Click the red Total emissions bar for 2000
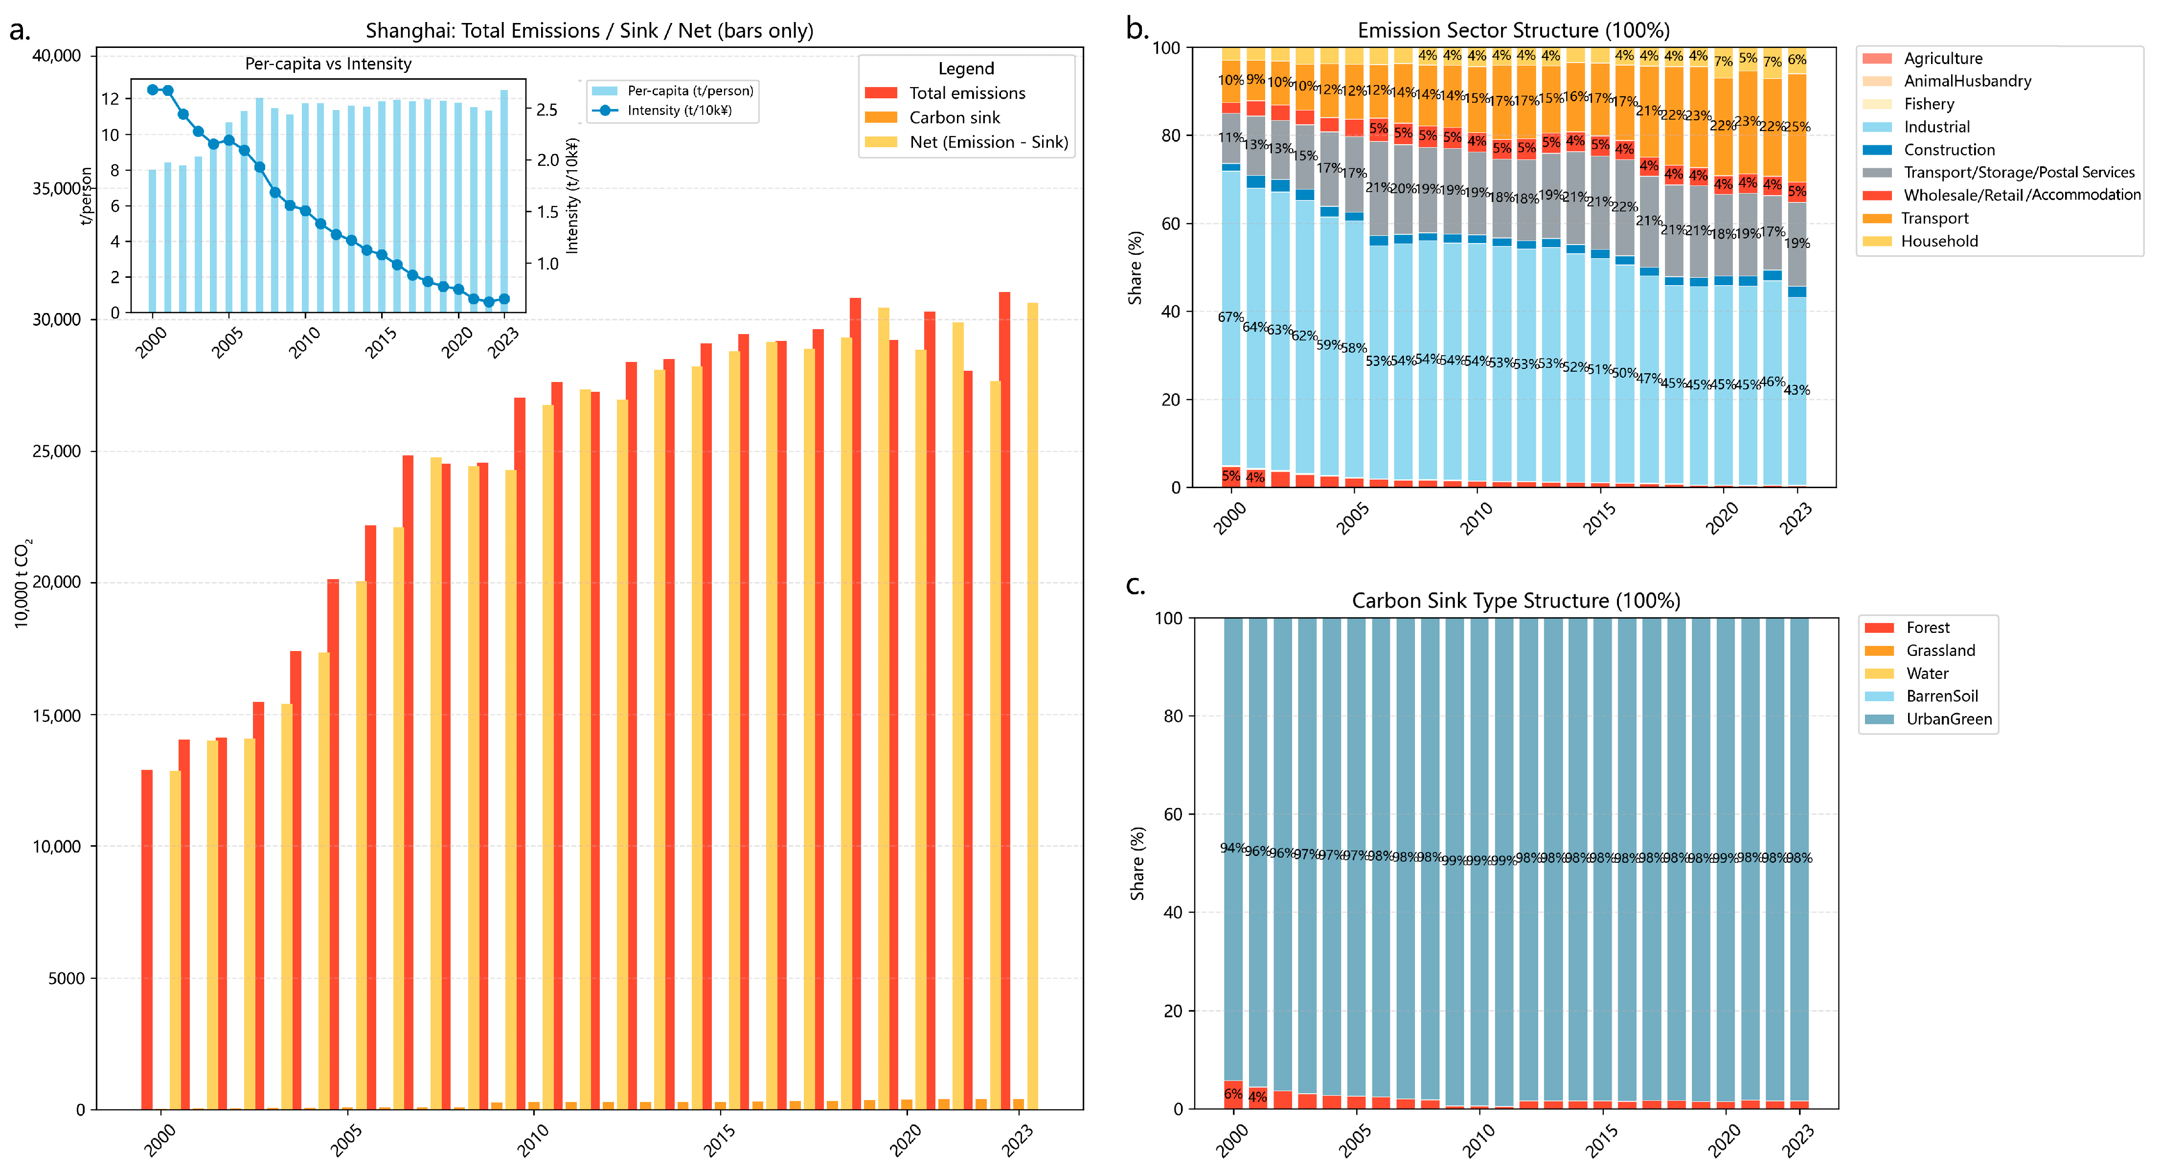tap(147, 939)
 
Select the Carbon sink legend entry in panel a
tap(954, 117)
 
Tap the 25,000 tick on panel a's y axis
tap(57, 451)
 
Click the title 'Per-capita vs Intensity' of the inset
tap(328, 64)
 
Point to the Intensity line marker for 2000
tap(153, 90)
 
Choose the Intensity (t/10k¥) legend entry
tap(679, 110)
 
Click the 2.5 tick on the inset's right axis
tap(546, 110)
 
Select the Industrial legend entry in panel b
tap(1936, 127)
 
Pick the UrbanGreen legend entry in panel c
tap(1948, 719)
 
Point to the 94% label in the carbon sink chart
tap(1232, 848)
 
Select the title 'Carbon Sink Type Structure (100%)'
tap(1515, 601)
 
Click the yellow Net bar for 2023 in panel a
tap(1032, 704)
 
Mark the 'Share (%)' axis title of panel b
tap(1136, 268)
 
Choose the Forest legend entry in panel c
tap(1927, 627)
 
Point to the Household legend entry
tap(1939, 241)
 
